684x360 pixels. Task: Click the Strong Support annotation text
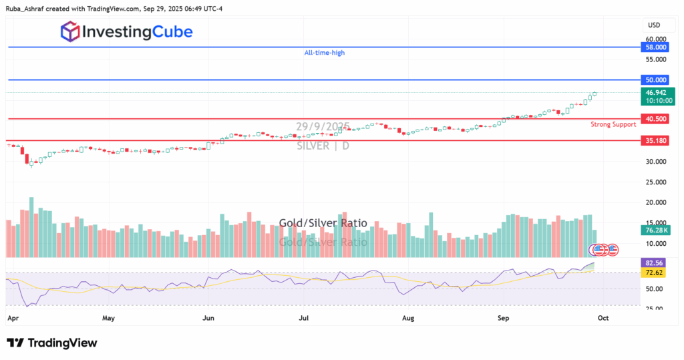click(x=613, y=124)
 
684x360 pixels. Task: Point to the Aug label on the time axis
click(x=409, y=319)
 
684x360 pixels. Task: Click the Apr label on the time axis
click(x=13, y=319)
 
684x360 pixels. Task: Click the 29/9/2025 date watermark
click(x=323, y=126)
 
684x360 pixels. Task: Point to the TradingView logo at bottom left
click(x=52, y=343)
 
